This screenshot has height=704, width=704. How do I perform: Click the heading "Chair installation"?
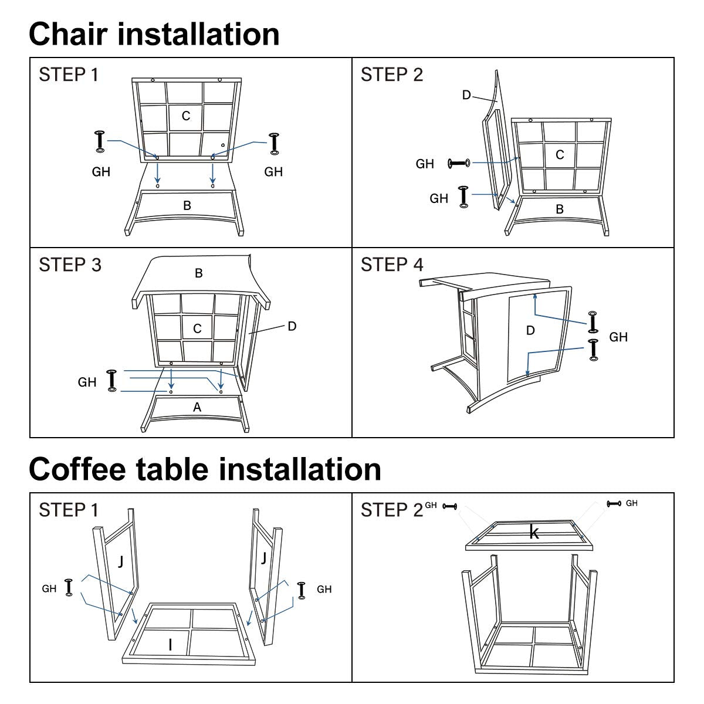pos(154,34)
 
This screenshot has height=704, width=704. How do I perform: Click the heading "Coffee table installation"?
pos(205,469)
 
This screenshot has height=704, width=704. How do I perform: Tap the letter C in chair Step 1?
pos(186,116)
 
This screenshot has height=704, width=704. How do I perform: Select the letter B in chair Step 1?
pos(187,206)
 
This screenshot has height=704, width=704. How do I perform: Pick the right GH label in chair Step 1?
pos(273,172)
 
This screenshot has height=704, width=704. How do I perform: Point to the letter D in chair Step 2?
pos(466,95)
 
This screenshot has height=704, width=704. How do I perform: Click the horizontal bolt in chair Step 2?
pos(459,163)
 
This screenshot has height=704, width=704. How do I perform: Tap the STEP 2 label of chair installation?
pos(391,75)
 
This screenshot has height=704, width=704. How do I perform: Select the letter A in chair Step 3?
pos(197,407)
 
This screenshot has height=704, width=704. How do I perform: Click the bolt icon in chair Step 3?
pos(111,380)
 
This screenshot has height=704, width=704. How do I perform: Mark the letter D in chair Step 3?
pos(292,326)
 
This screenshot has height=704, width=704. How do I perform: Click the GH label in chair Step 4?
pos(618,337)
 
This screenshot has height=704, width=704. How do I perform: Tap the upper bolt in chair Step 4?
pos(593,323)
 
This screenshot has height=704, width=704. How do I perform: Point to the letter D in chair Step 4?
pos(530,331)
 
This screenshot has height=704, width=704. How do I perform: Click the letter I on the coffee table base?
pos(170,645)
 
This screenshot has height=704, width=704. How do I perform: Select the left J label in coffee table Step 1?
pos(120,561)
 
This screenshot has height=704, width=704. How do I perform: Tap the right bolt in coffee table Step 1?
pos(302,589)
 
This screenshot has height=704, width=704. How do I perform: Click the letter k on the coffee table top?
pos(534,532)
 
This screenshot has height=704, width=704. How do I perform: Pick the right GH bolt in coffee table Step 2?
pos(614,504)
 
